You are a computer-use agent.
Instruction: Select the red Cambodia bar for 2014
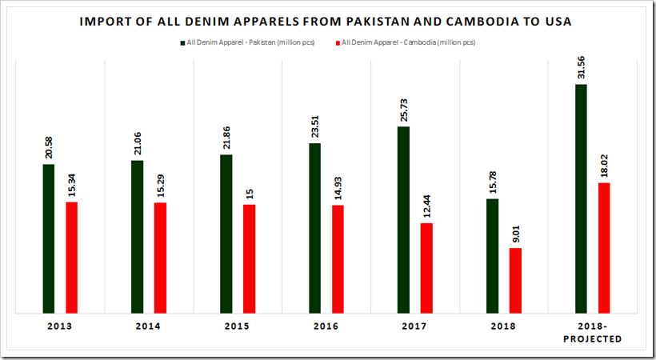pos(160,257)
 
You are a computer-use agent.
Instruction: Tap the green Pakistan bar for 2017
pos(403,219)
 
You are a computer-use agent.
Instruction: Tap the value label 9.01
pos(515,234)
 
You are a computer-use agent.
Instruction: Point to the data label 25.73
pos(403,111)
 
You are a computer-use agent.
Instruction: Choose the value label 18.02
pos(604,167)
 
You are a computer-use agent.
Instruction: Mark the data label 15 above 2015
pos(249,193)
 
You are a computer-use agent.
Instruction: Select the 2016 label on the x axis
pos(326,326)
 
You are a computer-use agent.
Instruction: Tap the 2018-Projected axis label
pos(593,332)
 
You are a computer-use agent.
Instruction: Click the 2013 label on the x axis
pos(60,326)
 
